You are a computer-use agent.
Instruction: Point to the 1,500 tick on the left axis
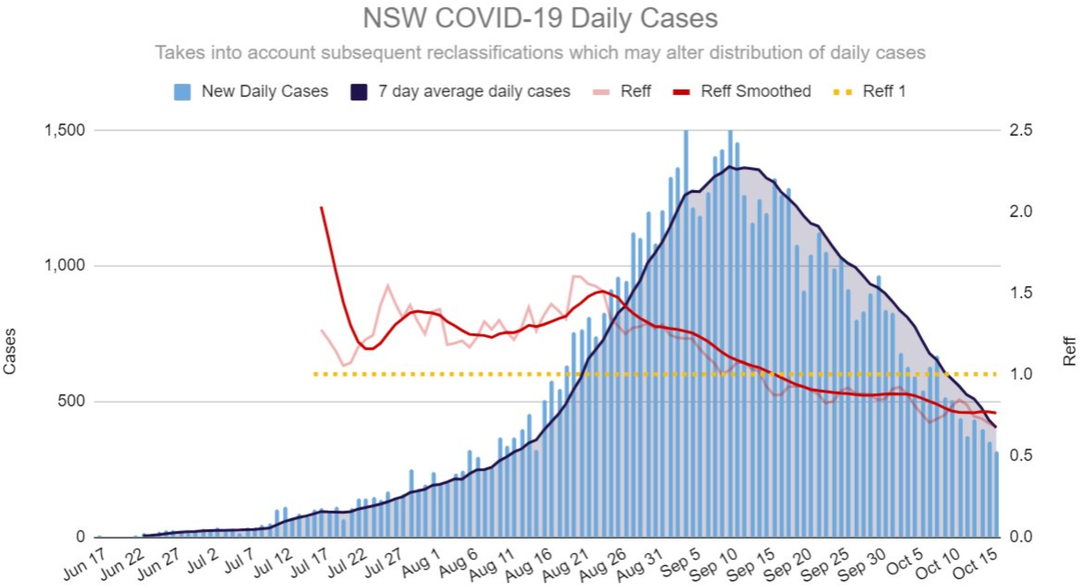point(65,130)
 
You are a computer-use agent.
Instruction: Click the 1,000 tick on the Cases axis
point(65,266)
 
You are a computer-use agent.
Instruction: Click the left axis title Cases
point(10,351)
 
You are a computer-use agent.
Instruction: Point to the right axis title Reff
point(1069,351)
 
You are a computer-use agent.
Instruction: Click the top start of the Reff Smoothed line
point(321,208)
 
